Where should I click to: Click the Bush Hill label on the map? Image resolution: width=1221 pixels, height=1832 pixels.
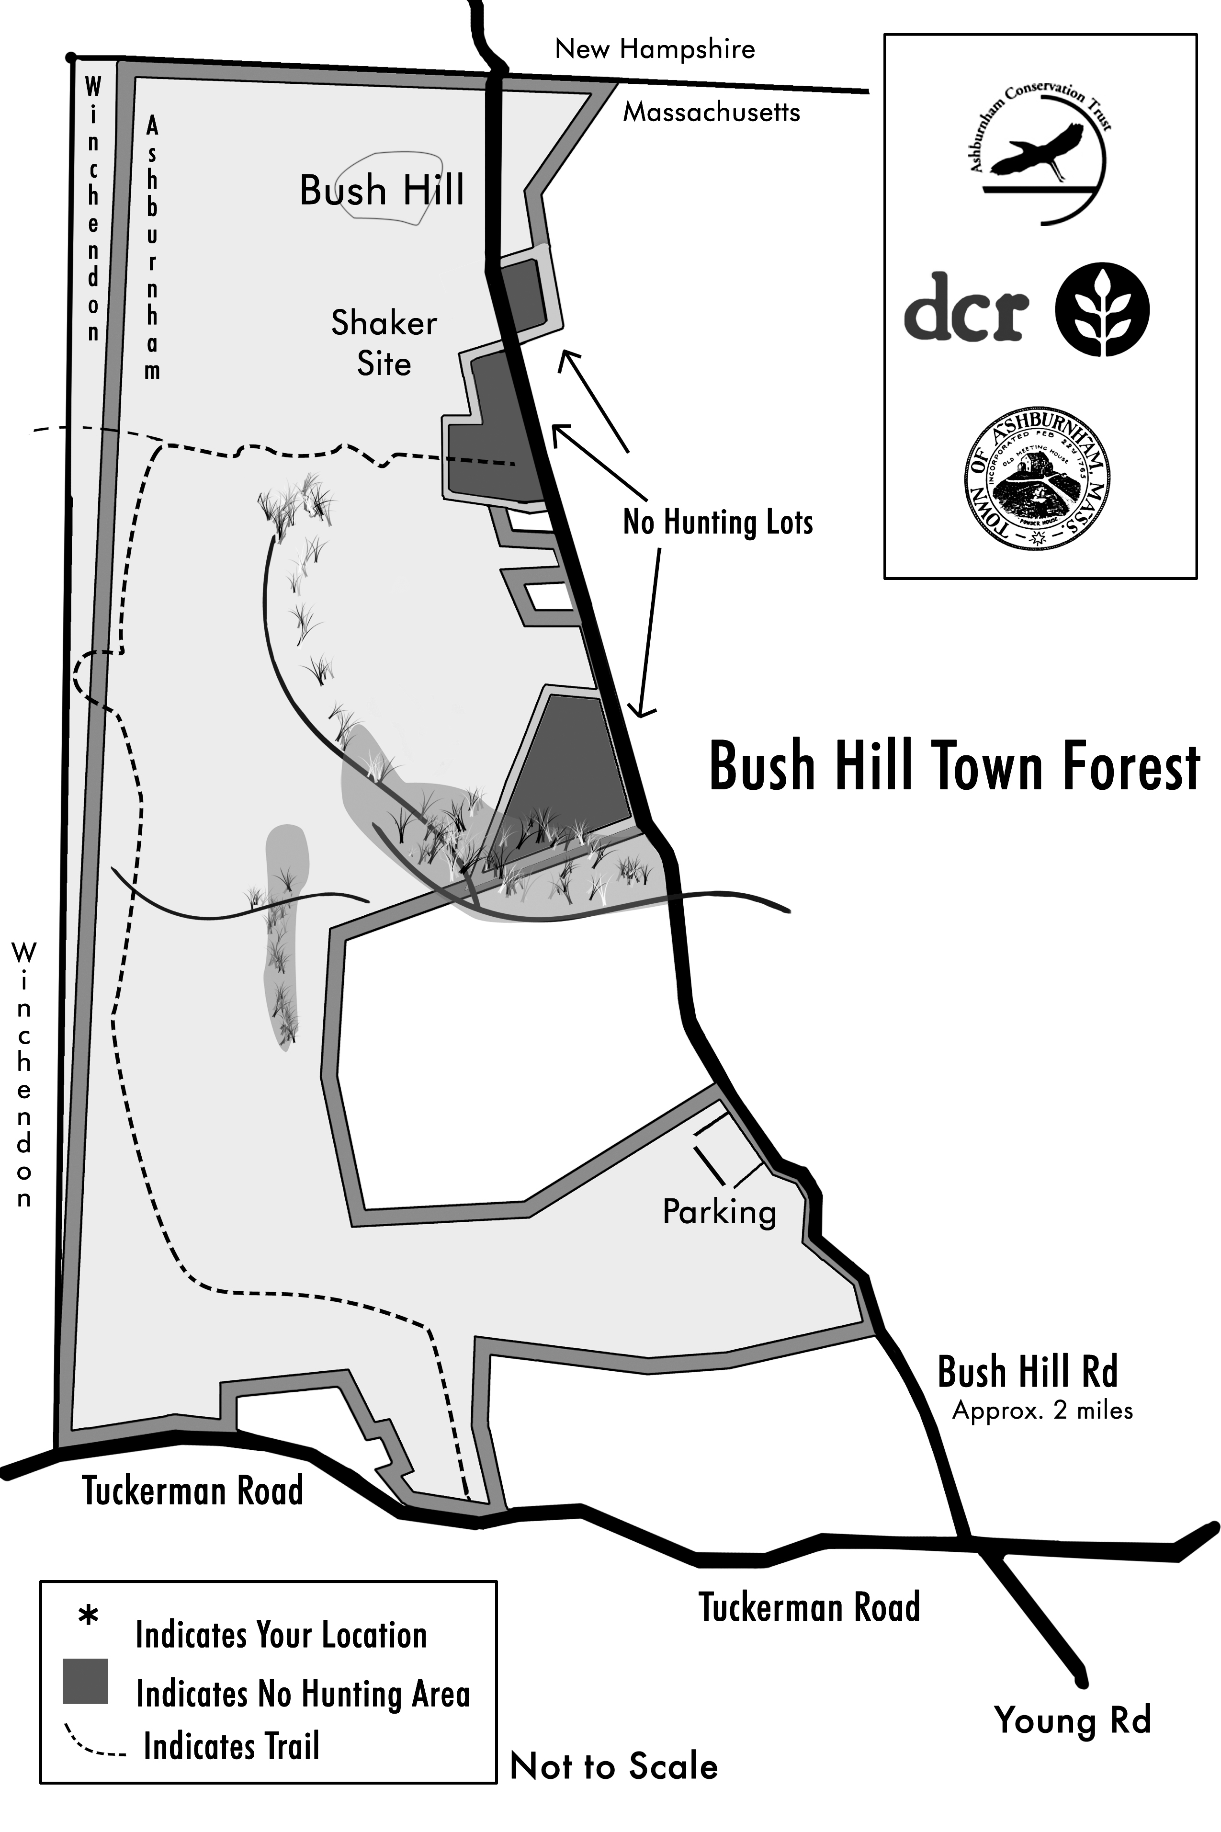[382, 191]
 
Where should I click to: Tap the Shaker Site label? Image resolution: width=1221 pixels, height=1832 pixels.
[384, 343]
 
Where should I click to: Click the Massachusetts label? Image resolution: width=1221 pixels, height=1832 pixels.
[711, 113]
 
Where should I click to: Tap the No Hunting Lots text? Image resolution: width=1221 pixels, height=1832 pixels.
[717, 522]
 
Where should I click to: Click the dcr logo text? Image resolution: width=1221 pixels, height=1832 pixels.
[966, 307]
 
